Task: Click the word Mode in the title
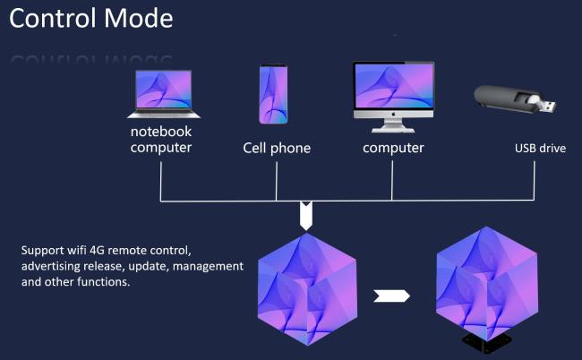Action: click(139, 18)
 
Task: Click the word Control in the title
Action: click(55, 18)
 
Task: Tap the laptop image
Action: click(164, 94)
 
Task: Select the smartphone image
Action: click(273, 94)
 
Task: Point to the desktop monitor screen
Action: click(394, 87)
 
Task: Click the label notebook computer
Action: click(160, 140)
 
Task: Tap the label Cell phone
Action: click(277, 148)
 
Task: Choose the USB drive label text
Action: click(540, 149)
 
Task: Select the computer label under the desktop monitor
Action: click(393, 148)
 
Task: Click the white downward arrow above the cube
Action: click(306, 216)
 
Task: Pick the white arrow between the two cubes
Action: click(391, 296)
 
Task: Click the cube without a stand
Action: click(307, 290)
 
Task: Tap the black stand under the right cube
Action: click(486, 342)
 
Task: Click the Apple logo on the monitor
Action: click(394, 115)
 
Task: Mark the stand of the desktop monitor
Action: click(393, 125)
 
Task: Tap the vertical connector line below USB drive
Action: click(535, 181)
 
